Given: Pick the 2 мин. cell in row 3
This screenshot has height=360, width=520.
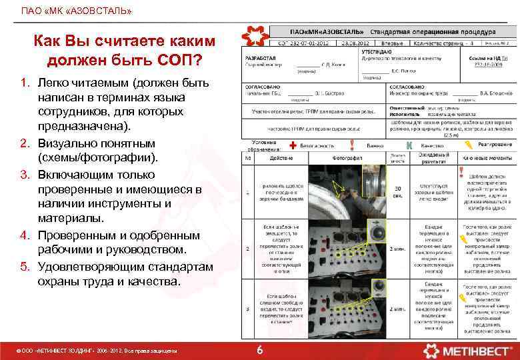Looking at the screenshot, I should [x=397, y=309].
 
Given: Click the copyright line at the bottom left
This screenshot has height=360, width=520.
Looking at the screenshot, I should [x=96, y=350].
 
